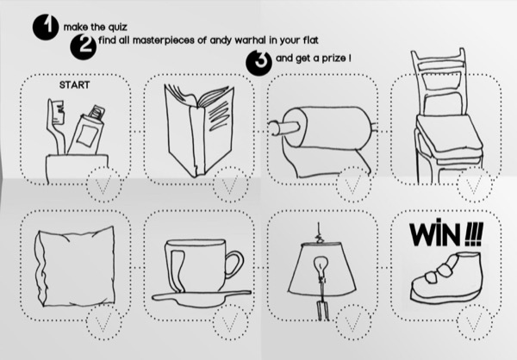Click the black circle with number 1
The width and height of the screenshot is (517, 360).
pyautogui.click(x=46, y=28)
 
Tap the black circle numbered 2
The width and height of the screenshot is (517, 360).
pyautogui.click(x=83, y=47)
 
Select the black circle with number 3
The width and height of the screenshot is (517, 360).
pyautogui.click(x=258, y=63)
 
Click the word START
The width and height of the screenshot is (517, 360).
pyautogui.click(x=74, y=85)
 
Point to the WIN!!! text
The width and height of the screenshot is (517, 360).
pyautogui.click(x=446, y=233)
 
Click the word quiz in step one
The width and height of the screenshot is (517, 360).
pyautogui.click(x=117, y=27)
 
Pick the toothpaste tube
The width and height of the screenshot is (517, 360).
pyautogui.click(x=87, y=131)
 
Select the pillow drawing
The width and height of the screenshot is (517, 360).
pyautogui.click(x=75, y=267)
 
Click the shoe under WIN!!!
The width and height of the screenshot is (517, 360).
pyautogui.click(x=446, y=277)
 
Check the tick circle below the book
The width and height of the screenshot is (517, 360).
pyautogui.click(x=230, y=184)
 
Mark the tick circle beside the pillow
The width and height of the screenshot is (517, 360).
pyautogui.click(x=104, y=322)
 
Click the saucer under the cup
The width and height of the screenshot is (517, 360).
pyautogui.click(x=202, y=298)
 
